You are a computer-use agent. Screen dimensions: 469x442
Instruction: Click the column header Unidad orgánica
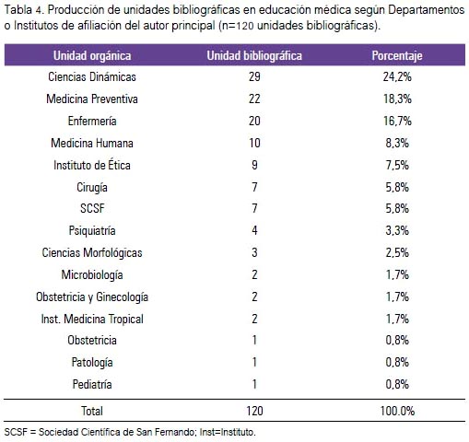(92, 56)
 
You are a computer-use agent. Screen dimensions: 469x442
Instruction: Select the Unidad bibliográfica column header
(254, 56)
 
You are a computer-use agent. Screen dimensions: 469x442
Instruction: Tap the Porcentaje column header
(397, 56)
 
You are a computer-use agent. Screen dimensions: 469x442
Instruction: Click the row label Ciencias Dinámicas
(92, 76)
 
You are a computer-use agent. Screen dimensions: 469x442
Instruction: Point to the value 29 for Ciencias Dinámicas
(254, 76)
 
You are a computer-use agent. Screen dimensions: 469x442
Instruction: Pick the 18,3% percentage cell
(397, 99)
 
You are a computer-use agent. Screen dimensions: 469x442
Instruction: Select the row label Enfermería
(92, 121)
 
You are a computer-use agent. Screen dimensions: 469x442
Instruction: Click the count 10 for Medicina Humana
(254, 143)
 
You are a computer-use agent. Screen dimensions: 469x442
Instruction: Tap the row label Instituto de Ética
(92, 165)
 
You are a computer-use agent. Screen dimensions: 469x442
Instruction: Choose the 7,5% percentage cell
(397, 165)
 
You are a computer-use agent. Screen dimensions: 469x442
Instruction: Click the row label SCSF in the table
(92, 208)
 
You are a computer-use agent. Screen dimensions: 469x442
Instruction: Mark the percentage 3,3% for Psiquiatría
(397, 230)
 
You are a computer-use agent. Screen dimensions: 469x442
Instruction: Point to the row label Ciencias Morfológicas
(92, 252)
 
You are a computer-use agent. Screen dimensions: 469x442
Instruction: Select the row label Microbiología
(92, 274)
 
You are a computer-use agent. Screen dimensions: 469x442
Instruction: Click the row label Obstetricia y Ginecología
(92, 297)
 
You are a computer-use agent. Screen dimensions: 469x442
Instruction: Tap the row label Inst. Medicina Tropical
(92, 319)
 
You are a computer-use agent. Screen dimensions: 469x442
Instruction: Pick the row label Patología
(92, 363)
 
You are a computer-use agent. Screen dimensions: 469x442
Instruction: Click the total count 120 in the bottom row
(254, 411)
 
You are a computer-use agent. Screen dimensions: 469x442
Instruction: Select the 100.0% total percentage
(397, 411)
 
